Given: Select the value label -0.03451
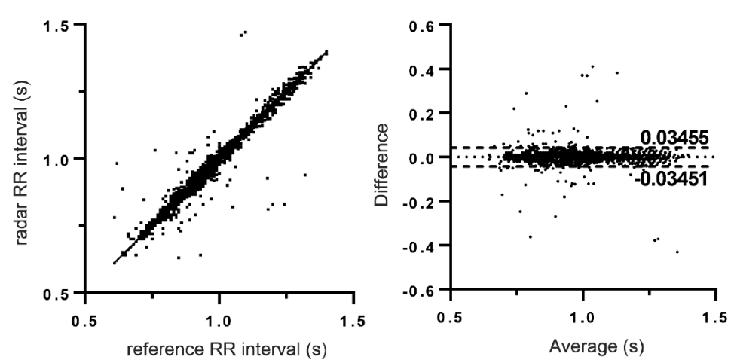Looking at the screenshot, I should [671, 178].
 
